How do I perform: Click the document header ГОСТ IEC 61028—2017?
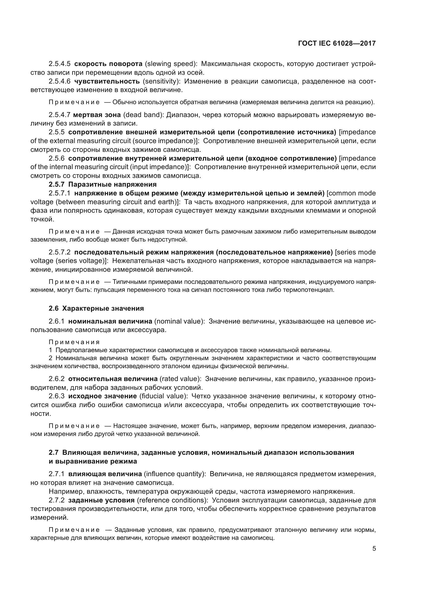[337, 44]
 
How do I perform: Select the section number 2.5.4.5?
[59, 64]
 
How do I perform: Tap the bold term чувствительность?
[107, 81]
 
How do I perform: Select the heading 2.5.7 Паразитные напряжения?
[102, 184]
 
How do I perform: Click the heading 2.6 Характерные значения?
[96, 308]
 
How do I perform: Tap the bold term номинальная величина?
[110, 321]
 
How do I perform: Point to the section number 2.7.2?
[57, 500]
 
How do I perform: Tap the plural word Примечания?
[74, 342]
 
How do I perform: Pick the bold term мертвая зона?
[97, 115]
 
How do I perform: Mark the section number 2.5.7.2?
[59, 252]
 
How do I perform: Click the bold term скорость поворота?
[108, 64]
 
